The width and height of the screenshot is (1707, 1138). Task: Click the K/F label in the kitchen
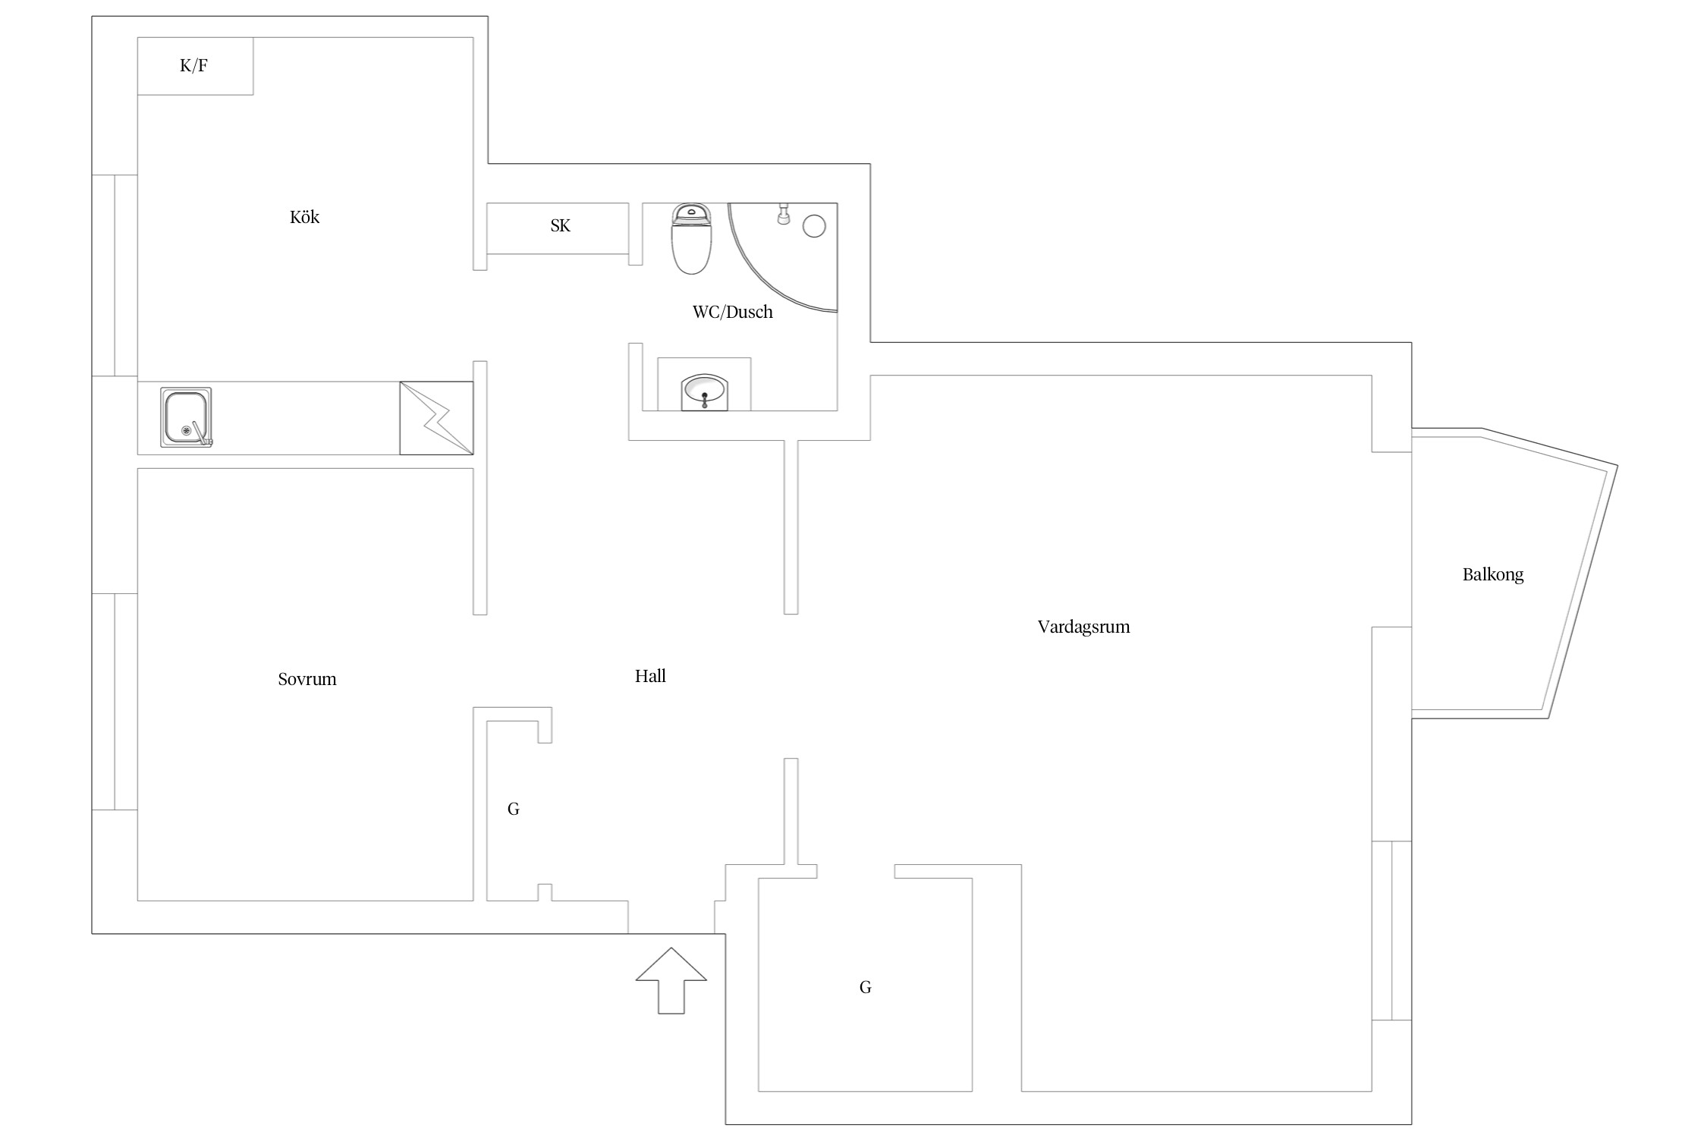click(x=193, y=66)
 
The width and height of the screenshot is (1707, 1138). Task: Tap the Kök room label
click(x=304, y=217)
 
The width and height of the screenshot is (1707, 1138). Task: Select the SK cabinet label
click(x=560, y=225)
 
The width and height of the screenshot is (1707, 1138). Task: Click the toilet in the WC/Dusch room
click(x=691, y=238)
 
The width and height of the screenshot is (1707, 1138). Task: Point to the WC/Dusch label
click(x=732, y=312)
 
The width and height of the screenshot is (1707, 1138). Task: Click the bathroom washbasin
click(x=705, y=392)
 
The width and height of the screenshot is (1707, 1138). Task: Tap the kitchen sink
click(x=186, y=417)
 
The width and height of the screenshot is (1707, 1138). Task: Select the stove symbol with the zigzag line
click(x=436, y=418)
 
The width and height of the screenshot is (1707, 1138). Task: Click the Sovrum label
click(x=307, y=679)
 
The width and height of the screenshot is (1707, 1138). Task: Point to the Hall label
click(x=650, y=676)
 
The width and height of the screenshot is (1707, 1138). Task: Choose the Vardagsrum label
click(x=1083, y=627)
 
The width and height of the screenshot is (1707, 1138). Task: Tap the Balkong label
click(x=1493, y=574)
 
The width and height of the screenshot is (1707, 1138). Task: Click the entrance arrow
click(x=671, y=980)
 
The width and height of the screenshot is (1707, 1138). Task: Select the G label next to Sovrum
click(x=514, y=809)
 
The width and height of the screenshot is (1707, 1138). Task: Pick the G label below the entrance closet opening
click(x=865, y=987)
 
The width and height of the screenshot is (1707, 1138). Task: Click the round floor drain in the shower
click(x=814, y=226)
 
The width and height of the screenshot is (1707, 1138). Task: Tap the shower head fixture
click(x=784, y=214)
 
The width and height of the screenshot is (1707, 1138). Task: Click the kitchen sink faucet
click(x=201, y=432)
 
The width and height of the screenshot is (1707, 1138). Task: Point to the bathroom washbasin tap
click(x=705, y=400)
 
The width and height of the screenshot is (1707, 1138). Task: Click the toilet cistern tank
click(x=691, y=212)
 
